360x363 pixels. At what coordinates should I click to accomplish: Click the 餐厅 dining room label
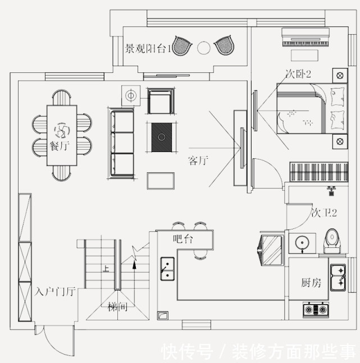(x=60, y=146)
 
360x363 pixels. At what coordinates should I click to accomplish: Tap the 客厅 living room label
(x=198, y=160)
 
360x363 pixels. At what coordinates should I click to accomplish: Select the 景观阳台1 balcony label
(x=148, y=49)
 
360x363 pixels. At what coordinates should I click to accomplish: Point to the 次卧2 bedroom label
(x=298, y=74)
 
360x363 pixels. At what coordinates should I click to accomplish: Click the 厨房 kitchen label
(x=311, y=283)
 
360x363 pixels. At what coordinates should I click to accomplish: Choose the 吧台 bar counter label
(x=183, y=238)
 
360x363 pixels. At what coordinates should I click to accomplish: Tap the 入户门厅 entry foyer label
(x=55, y=292)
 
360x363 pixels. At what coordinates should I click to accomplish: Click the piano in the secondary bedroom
(x=306, y=37)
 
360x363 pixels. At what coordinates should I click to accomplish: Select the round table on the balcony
(x=204, y=48)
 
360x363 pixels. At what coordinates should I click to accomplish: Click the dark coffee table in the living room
(x=162, y=137)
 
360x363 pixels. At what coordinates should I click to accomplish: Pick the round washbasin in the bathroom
(x=302, y=243)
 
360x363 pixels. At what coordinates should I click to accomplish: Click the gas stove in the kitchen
(x=316, y=310)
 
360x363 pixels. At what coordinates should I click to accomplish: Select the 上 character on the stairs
(x=106, y=269)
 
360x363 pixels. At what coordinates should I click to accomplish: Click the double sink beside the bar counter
(x=167, y=269)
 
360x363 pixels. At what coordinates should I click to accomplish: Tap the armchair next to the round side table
(x=161, y=102)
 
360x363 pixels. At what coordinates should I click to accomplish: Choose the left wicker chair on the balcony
(x=182, y=45)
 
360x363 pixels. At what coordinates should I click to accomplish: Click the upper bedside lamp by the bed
(x=340, y=76)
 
